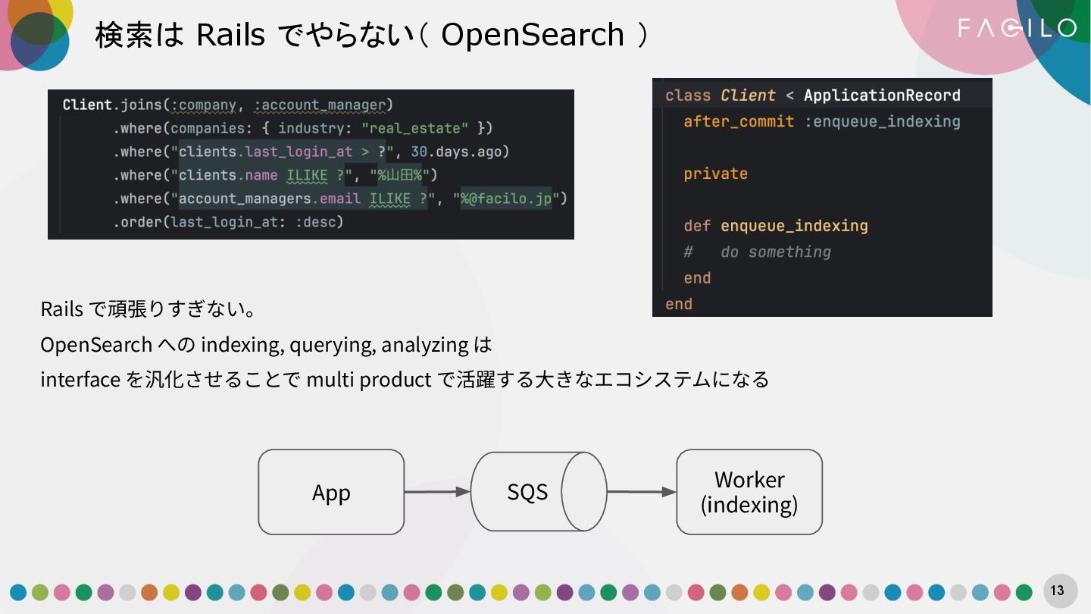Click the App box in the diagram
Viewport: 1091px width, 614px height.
coord(331,492)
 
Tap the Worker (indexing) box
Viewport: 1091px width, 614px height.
coord(749,492)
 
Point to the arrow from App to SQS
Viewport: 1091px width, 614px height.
coord(437,492)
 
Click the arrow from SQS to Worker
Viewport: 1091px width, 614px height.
coord(641,492)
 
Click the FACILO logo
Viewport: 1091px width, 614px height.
coord(1017,29)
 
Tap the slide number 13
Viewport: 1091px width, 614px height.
coord(1057,591)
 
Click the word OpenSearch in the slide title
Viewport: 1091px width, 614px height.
coord(532,35)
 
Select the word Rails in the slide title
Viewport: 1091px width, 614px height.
coord(230,35)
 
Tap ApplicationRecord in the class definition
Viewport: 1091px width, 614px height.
coord(881,96)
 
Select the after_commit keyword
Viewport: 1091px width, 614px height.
coord(739,121)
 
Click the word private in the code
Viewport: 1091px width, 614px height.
coord(715,174)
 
